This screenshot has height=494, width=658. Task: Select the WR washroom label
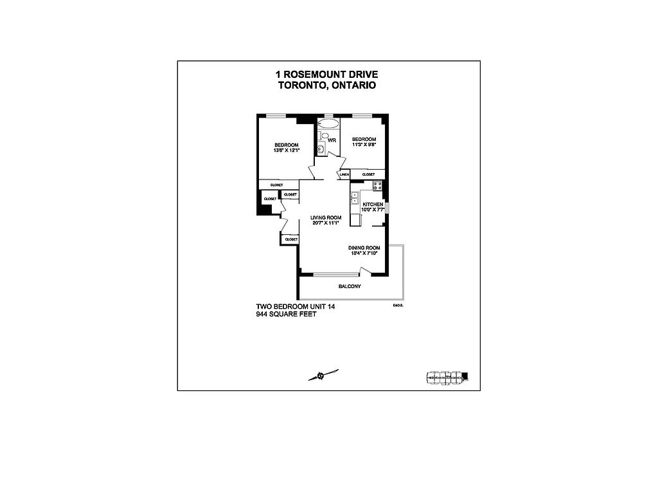point(333,140)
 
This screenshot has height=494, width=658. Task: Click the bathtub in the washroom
point(328,123)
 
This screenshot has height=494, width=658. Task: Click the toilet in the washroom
point(324,136)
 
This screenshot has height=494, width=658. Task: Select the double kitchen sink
point(354,197)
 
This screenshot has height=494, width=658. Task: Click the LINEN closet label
point(344,174)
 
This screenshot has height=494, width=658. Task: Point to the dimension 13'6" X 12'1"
point(286,151)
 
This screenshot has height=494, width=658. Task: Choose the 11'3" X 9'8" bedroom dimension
point(364,145)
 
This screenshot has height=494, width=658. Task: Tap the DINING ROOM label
point(364,248)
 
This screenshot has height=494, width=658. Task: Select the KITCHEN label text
point(373,204)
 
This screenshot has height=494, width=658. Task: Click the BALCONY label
point(350,286)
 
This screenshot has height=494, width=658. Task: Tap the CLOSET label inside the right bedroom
point(369,174)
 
